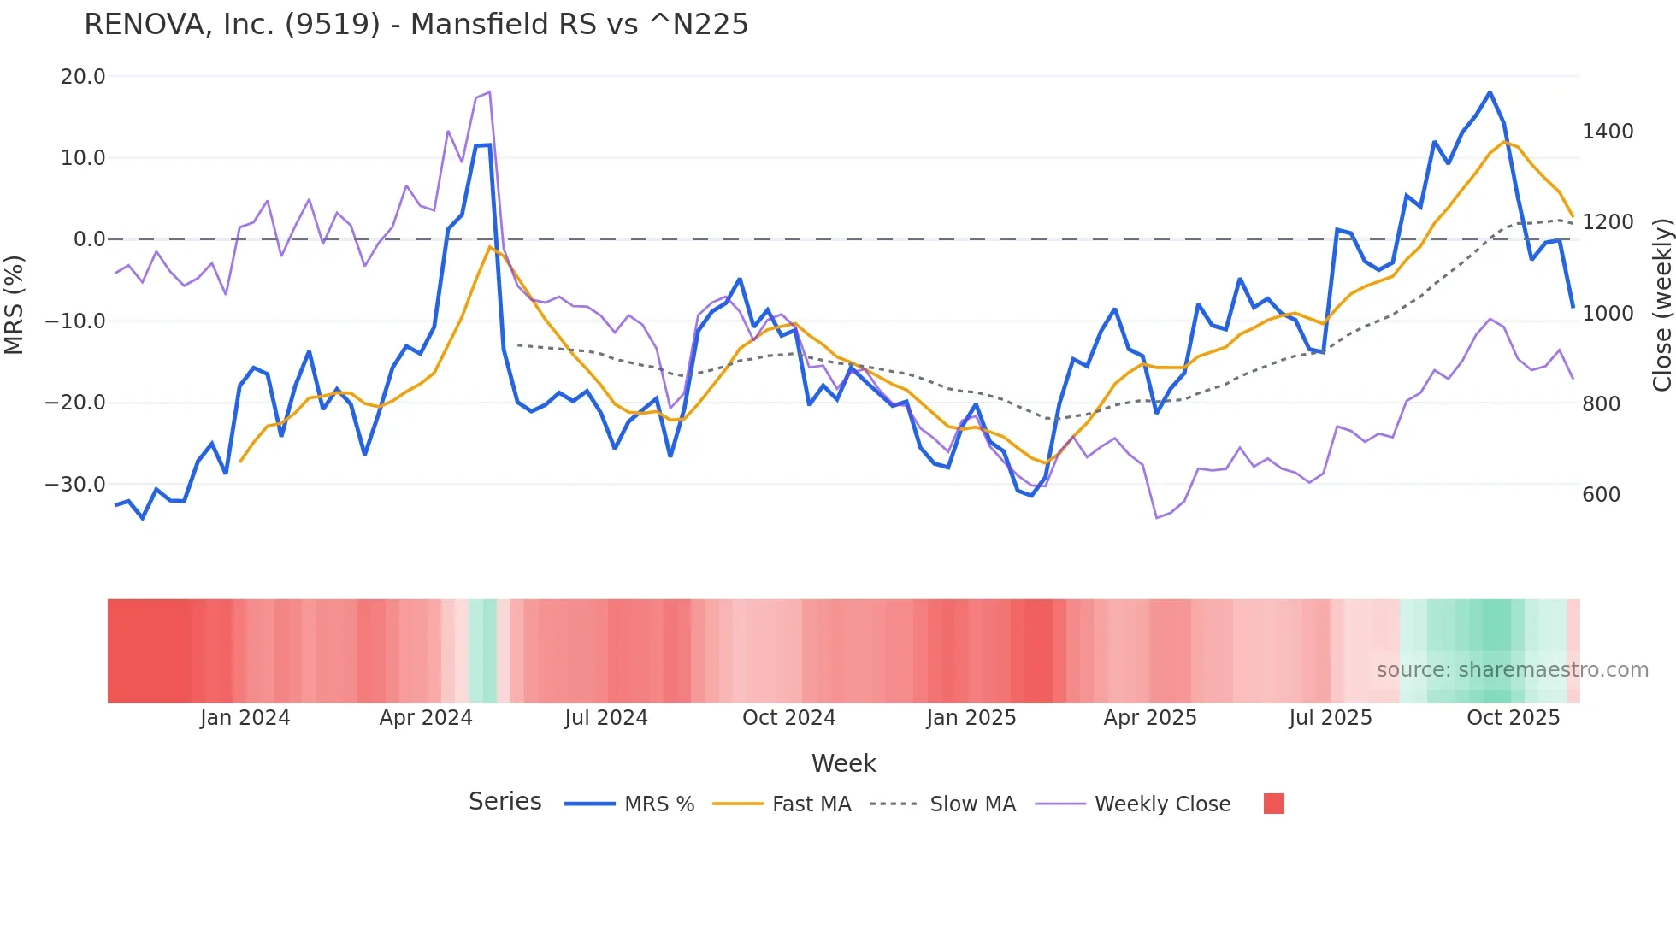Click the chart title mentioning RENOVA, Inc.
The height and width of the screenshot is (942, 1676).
[416, 25]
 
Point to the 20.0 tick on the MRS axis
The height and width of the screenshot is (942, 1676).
[83, 77]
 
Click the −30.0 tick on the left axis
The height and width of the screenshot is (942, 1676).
[75, 485]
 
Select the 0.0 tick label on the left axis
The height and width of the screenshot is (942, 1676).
[89, 239]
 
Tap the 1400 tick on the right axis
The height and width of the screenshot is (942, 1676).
[1608, 132]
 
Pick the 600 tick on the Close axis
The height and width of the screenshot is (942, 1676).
[1601, 495]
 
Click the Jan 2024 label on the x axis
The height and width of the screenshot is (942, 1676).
[245, 718]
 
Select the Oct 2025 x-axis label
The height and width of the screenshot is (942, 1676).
[1513, 718]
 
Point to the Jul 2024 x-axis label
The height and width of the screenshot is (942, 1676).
[605, 718]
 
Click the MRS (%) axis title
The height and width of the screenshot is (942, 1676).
[15, 305]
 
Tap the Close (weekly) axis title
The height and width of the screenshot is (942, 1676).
[1661, 305]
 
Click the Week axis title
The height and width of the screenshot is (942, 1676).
[843, 763]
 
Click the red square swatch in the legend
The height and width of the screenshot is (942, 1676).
[1273, 804]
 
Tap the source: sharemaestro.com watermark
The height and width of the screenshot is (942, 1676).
[1512, 670]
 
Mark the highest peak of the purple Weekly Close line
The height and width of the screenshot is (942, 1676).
[489, 91]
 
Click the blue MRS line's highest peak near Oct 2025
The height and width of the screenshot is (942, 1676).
[1490, 92]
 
